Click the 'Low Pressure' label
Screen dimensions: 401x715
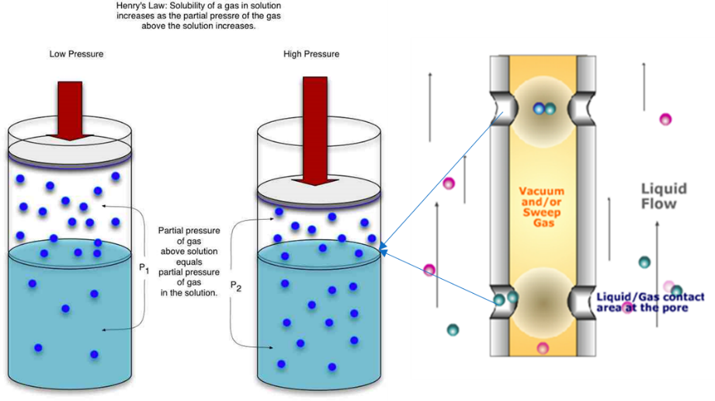click(76, 54)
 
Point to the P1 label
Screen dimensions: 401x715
click(143, 268)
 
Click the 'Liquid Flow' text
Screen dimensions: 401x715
click(663, 196)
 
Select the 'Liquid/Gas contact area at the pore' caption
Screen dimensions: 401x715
click(651, 302)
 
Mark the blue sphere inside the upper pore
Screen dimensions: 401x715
click(539, 109)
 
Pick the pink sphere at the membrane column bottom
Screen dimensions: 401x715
click(543, 347)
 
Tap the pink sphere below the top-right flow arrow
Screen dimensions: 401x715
click(665, 119)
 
